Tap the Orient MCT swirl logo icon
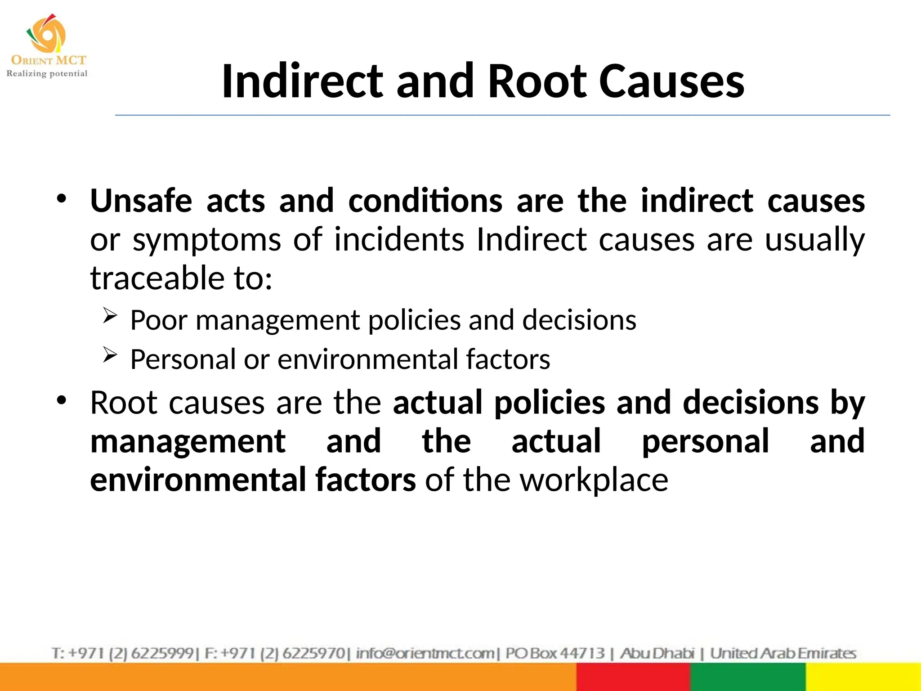pyautogui.click(x=46, y=34)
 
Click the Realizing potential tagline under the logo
pyautogui.click(x=47, y=73)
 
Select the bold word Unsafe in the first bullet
pyautogui.click(x=141, y=201)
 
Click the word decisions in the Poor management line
pyautogui.click(x=579, y=320)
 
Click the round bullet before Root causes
pyautogui.click(x=62, y=399)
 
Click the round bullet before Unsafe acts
pyautogui.click(x=62, y=198)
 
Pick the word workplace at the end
pyautogui.click(x=594, y=480)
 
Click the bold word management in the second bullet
pyautogui.click(x=188, y=441)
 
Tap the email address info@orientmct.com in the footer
pyautogui.click(x=425, y=653)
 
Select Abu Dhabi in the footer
pyautogui.click(x=657, y=653)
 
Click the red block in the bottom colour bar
pyautogui.click(x=633, y=677)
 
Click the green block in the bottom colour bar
pyautogui.click(x=747, y=677)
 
